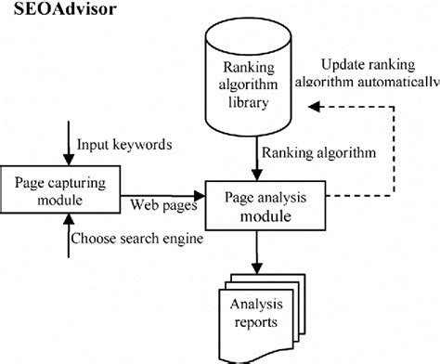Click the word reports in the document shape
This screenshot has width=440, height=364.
253,323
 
